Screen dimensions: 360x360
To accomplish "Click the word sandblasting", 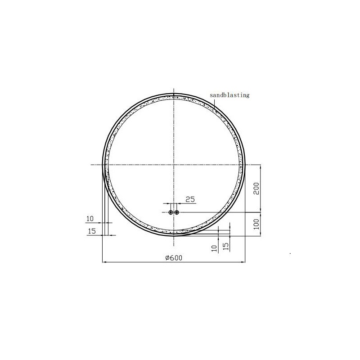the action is [x=229, y=95].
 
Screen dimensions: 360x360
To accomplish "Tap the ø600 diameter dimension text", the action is [x=174, y=258].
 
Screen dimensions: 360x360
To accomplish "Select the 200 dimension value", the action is [x=256, y=189].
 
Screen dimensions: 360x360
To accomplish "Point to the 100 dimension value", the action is [x=256, y=224].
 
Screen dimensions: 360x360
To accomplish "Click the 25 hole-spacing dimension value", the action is [x=190, y=199].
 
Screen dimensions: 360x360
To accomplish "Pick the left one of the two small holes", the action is [x=171, y=212].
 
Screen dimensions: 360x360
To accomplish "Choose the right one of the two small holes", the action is [x=176, y=212].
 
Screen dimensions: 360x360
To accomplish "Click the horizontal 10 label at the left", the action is [x=90, y=219].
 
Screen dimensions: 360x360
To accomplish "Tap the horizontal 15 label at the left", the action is [x=92, y=231].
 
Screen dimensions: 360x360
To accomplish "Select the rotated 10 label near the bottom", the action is [x=214, y=248].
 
